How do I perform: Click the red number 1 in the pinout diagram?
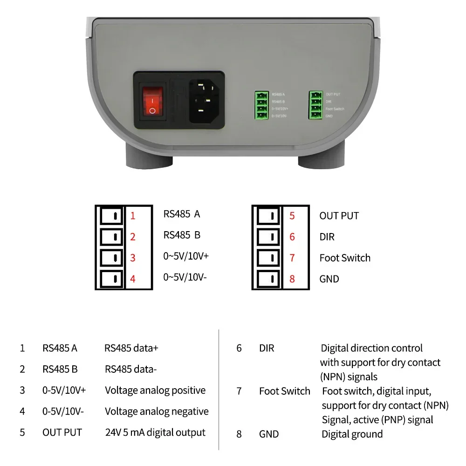(133, 216)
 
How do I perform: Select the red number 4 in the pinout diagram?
(133, 279)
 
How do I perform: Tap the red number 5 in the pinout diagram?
(292, 216)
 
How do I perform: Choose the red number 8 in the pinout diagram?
(292, 279)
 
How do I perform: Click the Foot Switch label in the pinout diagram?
(345, 258)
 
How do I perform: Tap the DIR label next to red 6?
(327, 237)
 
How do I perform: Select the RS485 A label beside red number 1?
(182, 214)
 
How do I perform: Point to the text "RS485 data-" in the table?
(131, 370)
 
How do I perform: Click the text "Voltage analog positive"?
(155, 391)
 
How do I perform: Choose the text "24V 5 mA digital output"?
(155, 432)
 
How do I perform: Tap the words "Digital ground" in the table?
(352, 434)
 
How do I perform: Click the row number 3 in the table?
(22, 391)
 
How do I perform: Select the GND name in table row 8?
(269, 434)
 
